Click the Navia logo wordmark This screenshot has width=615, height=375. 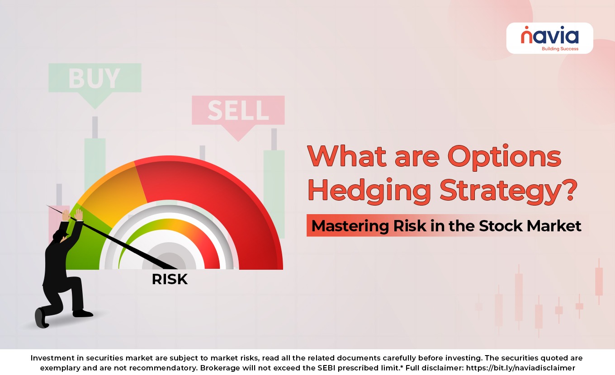pyautogui.click(x=550, y=35)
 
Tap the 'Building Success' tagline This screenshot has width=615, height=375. pyautogui.click(x=560, y=49)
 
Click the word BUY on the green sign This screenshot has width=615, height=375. pyautogui.click(x=94, y=79)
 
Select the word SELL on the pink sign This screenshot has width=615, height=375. pyautogui.click(x=238, y=110)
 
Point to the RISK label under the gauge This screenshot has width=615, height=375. pyautogui.click(x=170, y=279)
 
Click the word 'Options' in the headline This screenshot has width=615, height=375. pyautogui.click(x=504, y=157)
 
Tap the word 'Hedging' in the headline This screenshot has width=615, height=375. pyautogui.click(x=369, y=191)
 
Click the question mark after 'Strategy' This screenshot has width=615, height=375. pyautogui.click(x=569, y=189)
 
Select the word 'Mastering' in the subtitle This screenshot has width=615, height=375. pyautogui.click(x=350, y=226)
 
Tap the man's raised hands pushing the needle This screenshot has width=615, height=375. pyautogui.click(x=72, y=215)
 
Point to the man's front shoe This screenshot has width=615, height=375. pyautogui.click(x=83, y=313)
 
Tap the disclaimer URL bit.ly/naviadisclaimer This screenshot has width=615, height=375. pyautogui.click(x=520, y=368)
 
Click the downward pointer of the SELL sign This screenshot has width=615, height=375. pyautogui.click(x=238, y=133)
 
